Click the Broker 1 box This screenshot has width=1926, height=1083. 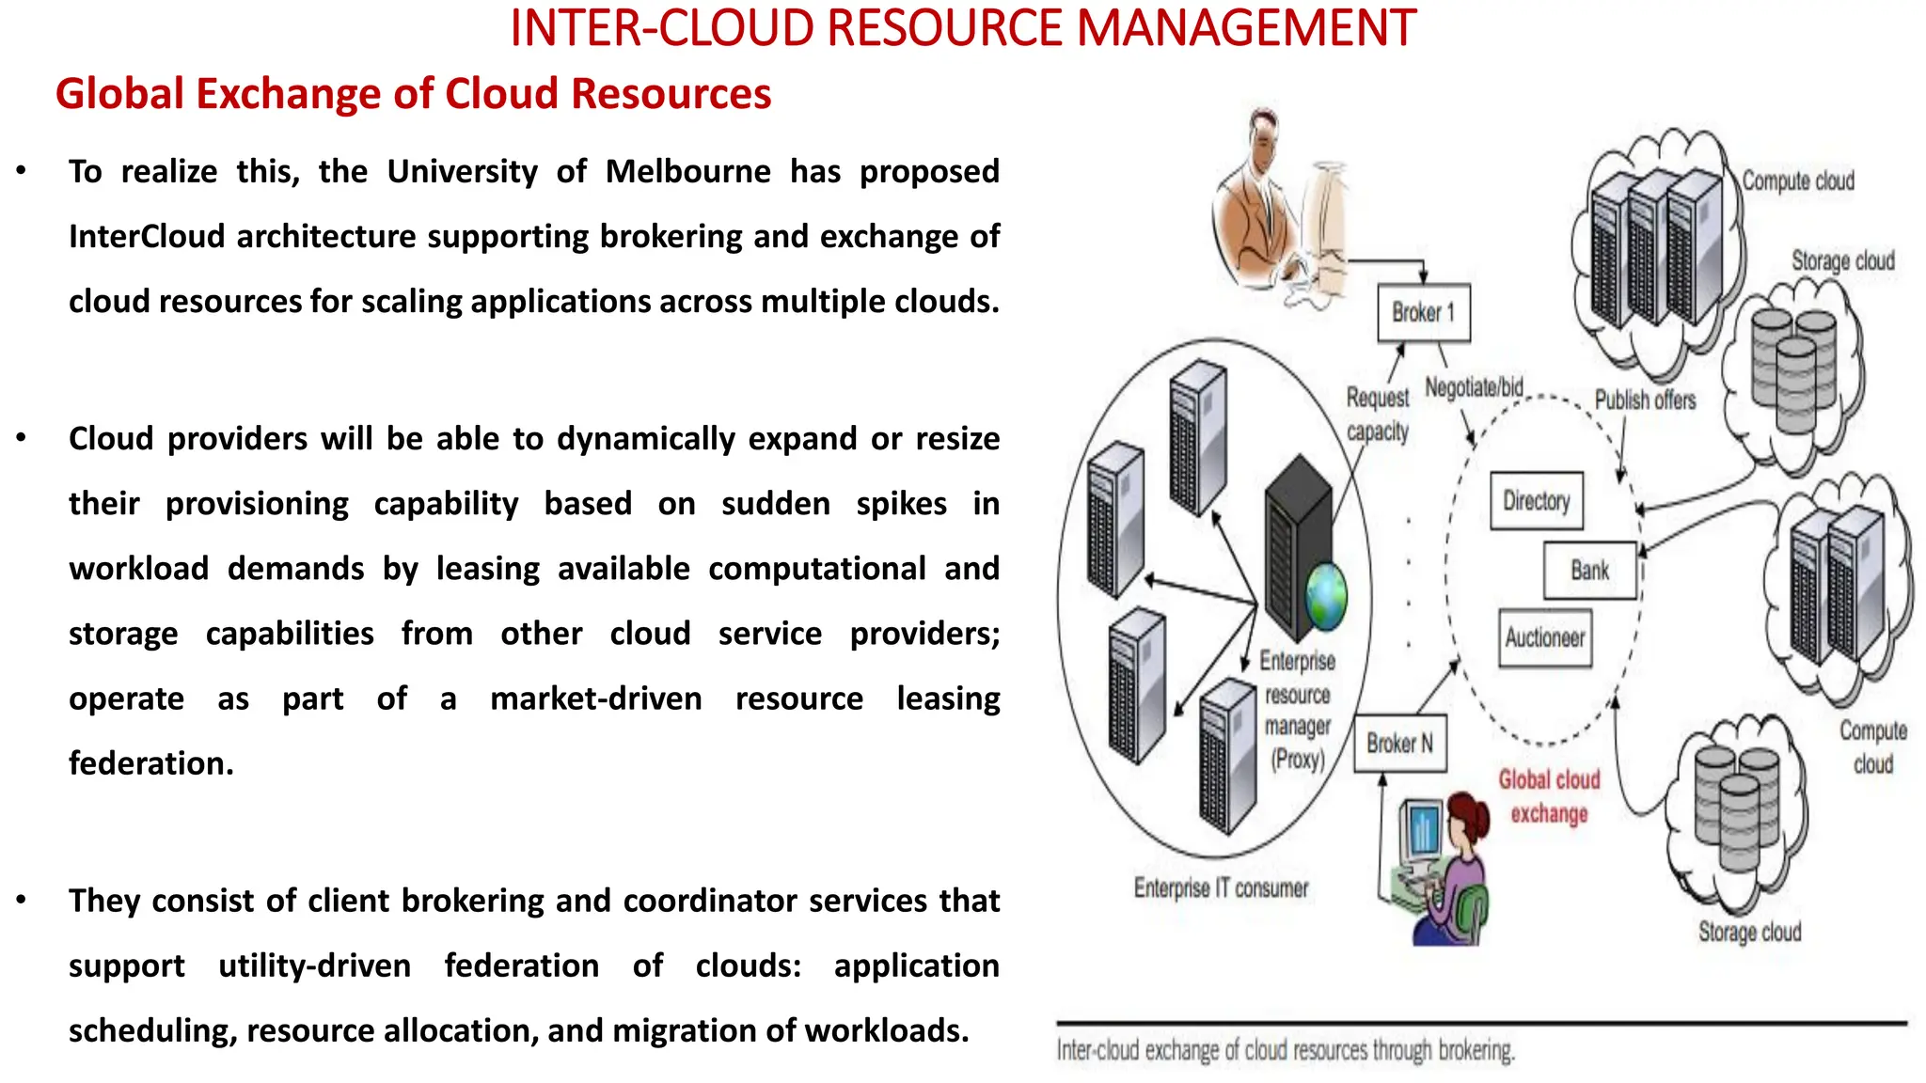pyautogui.click(x=1423, y=312)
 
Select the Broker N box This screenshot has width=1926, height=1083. pyautogui.click(x=1399, y=744)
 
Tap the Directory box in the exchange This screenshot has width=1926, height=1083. pyautogui.click(x=1537, y=501)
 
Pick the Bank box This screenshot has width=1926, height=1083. pyautogui.click(x=1590, y=571)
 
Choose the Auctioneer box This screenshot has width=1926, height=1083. pyautogui.click(x=1545, y=638)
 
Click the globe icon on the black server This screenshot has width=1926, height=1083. pyautogui.click(x=1326, y=596)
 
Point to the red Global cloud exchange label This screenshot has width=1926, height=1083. pyautogui.click(x=1549, y=796)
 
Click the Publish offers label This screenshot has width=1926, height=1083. pyautogui.click(x=1645, y=400)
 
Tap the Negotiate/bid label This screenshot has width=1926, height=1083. pyautogui.click(x=1474, y=387)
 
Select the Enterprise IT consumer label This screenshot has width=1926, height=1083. pyautogui.click(x=1221, y=888)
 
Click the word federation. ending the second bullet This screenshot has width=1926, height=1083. pyautogui.click(x=150, y=763)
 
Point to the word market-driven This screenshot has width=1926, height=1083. pyautogui.click(x=596, y=698)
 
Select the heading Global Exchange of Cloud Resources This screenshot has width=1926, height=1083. pyautogui.click(x=413, y=94)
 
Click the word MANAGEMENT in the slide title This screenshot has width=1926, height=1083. pyautogui.click(x=1246, y=28)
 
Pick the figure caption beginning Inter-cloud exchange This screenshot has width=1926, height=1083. pyautogui.click(x=1285, y=1050)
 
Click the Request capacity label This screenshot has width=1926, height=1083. pyautogui.click(x=1377, y=414)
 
